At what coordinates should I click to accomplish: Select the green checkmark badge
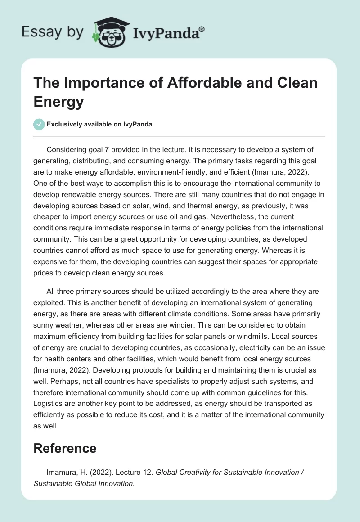coord(39,124)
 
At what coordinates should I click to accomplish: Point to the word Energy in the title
coord(59,102)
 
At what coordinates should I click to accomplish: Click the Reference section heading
coord(65,448)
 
